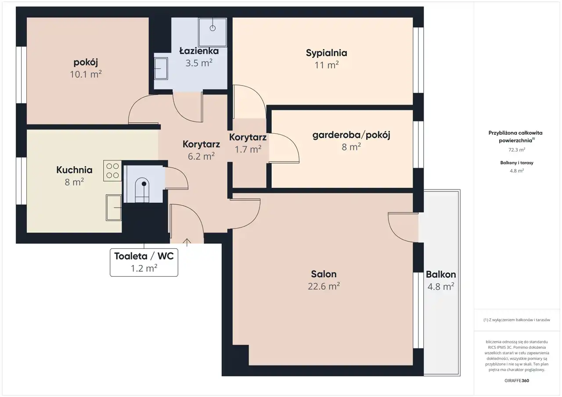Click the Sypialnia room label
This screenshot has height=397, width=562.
click(326, 53)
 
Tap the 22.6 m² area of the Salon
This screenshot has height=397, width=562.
click(324, 286)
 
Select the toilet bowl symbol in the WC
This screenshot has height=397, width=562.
click(142, 190)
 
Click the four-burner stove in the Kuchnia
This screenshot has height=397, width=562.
click(112, 171)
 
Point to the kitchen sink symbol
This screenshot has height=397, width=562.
click(114, 207)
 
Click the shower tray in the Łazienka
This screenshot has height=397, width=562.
click(213, 32)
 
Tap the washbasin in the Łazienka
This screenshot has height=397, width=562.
click(161, 68)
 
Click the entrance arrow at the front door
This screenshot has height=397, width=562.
click(187, 242)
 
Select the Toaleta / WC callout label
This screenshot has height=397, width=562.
click(144, 262)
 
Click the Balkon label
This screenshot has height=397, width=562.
click(441, 275)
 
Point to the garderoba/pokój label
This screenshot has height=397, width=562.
click(351, 136)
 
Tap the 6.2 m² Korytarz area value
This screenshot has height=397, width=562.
click(201, 156)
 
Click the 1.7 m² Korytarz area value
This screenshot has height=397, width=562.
click(248, 149)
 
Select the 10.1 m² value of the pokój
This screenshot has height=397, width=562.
click(86, 74)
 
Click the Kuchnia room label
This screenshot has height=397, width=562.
click(74, 170)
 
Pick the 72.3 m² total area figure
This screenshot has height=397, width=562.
click(517, 150)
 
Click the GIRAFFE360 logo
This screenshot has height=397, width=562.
click(517, 380)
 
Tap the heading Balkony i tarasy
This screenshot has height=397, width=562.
click(517, 163)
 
